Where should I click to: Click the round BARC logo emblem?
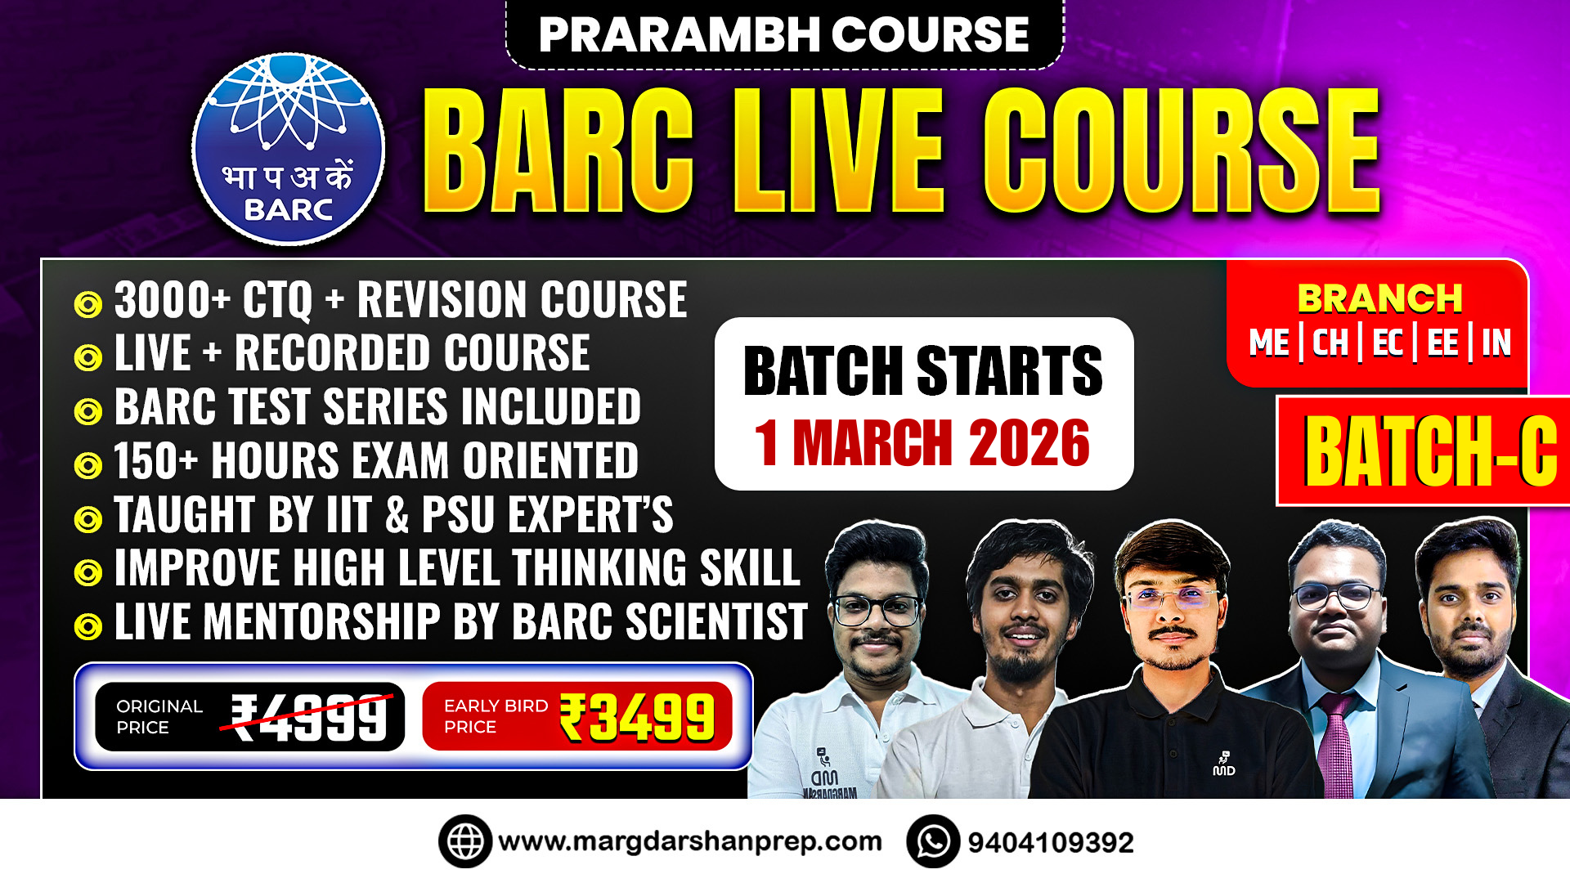pos(288,149)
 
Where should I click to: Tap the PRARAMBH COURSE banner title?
pos(783,34)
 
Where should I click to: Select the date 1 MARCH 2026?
pos(922,443)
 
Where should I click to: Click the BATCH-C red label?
pos(1429,451)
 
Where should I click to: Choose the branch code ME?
pos(1269,343)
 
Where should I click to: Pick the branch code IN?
pos(1496,343)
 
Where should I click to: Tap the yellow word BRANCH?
pos(1379,298)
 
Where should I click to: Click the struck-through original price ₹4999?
pos(309,717)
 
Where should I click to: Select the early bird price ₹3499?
pos(637,717)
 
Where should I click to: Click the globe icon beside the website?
pos(465,841)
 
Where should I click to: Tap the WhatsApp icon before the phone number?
pos(933,841)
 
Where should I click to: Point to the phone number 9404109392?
pos(1051,842)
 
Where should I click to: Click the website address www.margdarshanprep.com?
pos(690,841)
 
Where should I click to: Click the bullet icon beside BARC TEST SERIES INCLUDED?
pos(88,411)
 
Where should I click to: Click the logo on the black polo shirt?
pos(1223,764)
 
